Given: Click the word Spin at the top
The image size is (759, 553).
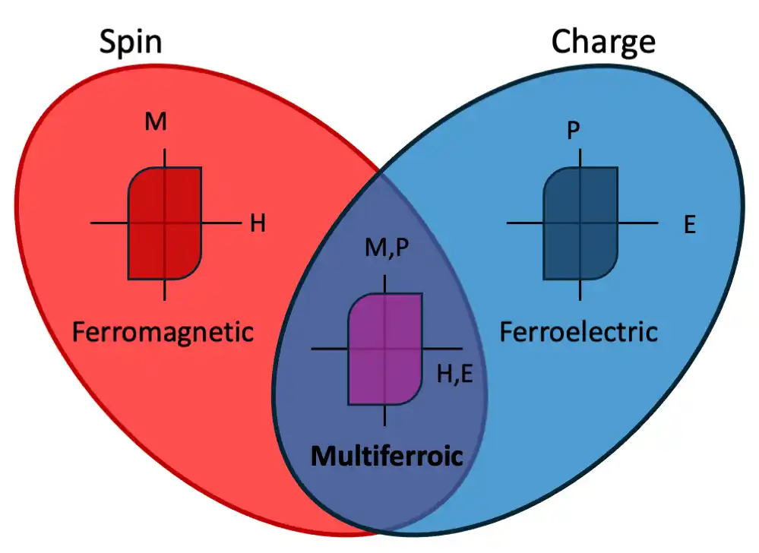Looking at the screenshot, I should click(x=131, y=42).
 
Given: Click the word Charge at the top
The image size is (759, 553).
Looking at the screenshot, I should click(x=602, y=42).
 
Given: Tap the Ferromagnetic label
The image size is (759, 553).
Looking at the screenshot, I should click(x=162, y=332).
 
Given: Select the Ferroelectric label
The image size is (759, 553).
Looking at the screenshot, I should click(x=578, y=332).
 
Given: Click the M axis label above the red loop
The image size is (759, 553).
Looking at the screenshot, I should click(x=156, y=122).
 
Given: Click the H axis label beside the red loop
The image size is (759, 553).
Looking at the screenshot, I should click(x=258, y=224).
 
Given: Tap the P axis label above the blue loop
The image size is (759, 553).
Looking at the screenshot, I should click(x=574, y=131).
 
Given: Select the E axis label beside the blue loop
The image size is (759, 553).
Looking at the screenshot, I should click(x=689, y=225).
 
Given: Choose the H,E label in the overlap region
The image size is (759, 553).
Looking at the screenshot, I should click(x=455, y=374).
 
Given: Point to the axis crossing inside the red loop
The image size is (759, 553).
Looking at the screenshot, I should click(x=165, y=223).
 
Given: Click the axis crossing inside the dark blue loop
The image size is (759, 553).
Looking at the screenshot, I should click(x=580, y=223).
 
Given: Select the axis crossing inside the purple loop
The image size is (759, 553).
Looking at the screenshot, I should click(x=385, y=349).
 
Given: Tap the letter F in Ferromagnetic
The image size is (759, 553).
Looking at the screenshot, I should click(x=79, y=332).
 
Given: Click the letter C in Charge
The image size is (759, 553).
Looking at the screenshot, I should click(x=562, y=42).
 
